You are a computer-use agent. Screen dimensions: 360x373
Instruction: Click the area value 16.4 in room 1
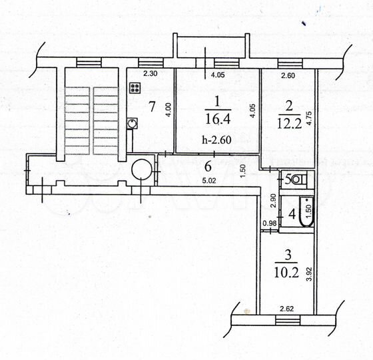pos(216,118)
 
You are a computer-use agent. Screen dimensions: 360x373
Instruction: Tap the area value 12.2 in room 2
pos(288,122)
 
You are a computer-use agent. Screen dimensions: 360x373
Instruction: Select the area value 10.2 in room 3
pos(285,272)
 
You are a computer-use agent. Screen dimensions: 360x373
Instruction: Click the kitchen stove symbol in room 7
pos(135,87)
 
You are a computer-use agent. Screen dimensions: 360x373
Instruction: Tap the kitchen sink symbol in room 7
pos(133,123)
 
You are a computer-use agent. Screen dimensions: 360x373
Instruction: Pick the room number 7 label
pos(152,106)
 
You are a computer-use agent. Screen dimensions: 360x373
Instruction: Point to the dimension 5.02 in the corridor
pos(208,179)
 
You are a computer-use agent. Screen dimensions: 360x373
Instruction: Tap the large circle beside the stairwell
pos(141,170)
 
